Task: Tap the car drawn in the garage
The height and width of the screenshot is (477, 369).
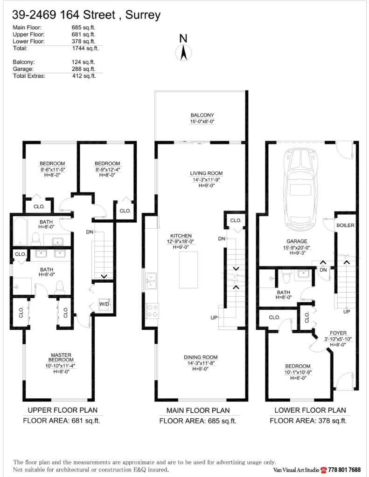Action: [297, 182]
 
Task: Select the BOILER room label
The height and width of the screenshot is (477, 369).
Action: [345, 225]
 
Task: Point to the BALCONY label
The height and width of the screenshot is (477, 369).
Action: [202, 115]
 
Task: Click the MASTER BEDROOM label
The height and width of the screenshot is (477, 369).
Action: [61, 358]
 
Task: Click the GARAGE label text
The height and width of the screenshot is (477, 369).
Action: [297, 241]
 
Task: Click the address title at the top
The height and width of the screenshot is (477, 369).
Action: [86, 15]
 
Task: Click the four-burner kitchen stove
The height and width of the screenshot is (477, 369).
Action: [152, 310]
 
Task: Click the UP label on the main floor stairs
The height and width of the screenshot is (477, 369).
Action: [214, 318]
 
